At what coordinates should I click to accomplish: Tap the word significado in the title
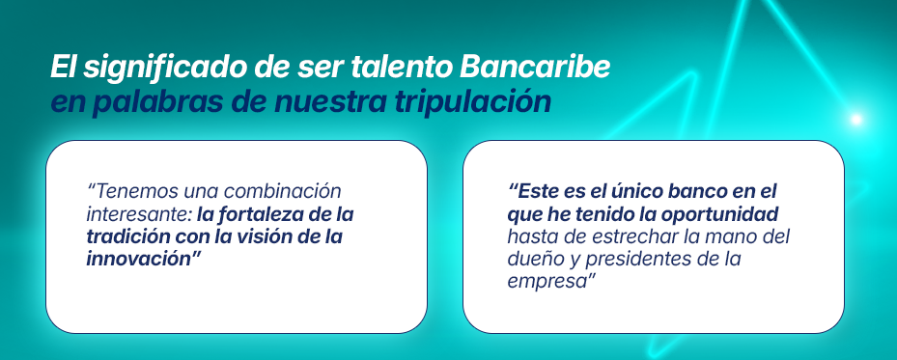[145, 69]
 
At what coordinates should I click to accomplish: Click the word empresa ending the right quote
[544, 280]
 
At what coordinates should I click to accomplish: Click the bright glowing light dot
[855, 120]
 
